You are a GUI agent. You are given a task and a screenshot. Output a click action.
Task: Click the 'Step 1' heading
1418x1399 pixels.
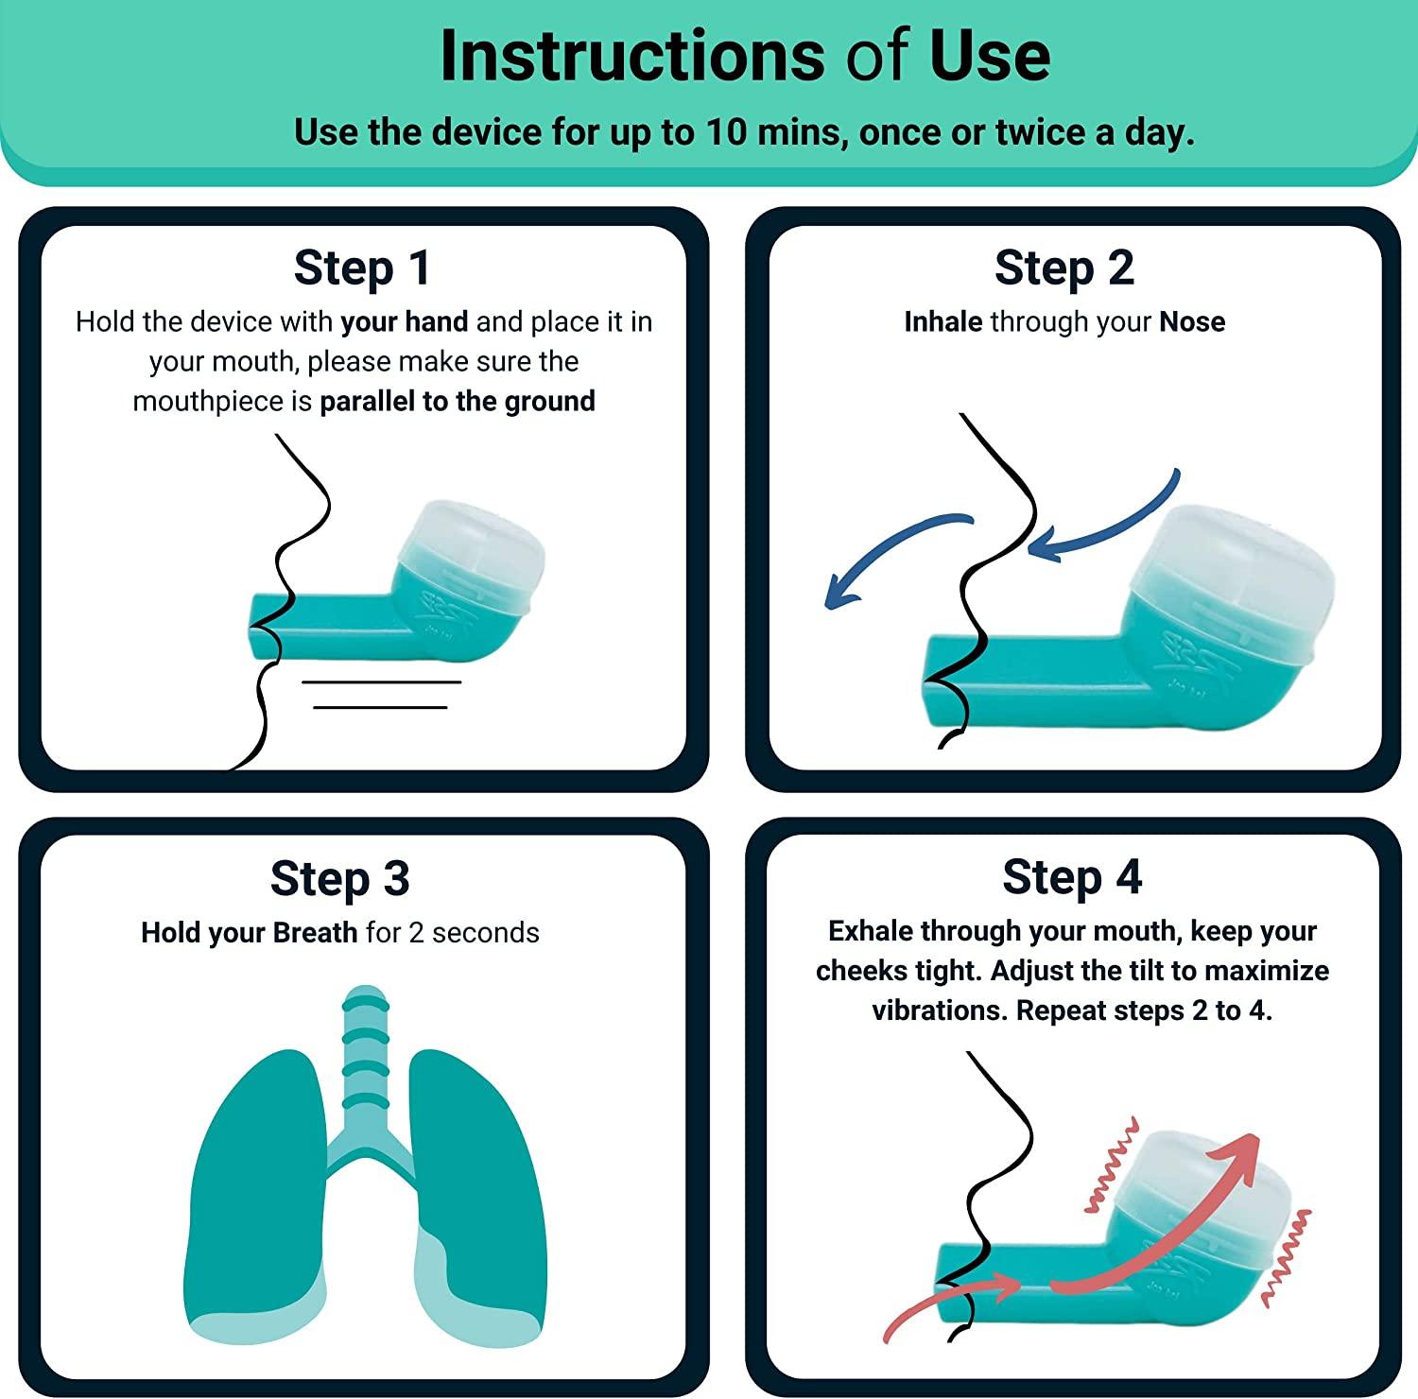click(362, 268)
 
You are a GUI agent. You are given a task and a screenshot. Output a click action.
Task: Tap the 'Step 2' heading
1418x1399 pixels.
click(1063, 268)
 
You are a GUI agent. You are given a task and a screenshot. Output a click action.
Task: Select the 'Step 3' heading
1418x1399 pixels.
click(339, 878)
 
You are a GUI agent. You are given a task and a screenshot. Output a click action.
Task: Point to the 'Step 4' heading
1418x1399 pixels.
click(1072, 877)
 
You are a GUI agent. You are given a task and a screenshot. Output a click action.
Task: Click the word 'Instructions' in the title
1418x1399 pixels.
click(632, 57)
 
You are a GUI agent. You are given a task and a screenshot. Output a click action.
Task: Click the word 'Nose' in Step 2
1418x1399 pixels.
click(1192, 322)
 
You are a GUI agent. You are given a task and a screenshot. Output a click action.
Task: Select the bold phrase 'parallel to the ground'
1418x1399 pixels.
click(458, 402)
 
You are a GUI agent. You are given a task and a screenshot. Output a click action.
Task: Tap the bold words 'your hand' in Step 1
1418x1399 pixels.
click(404, 322)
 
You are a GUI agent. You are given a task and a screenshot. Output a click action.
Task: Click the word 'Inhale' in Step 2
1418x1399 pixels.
click(942, 322)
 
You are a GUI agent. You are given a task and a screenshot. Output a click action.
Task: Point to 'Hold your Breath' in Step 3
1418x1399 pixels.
click(249, 933)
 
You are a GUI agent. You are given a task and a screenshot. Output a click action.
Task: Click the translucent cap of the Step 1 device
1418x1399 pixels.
click(473, 548)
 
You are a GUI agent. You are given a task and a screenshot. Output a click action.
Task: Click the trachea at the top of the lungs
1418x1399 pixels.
click(365, 1049)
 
